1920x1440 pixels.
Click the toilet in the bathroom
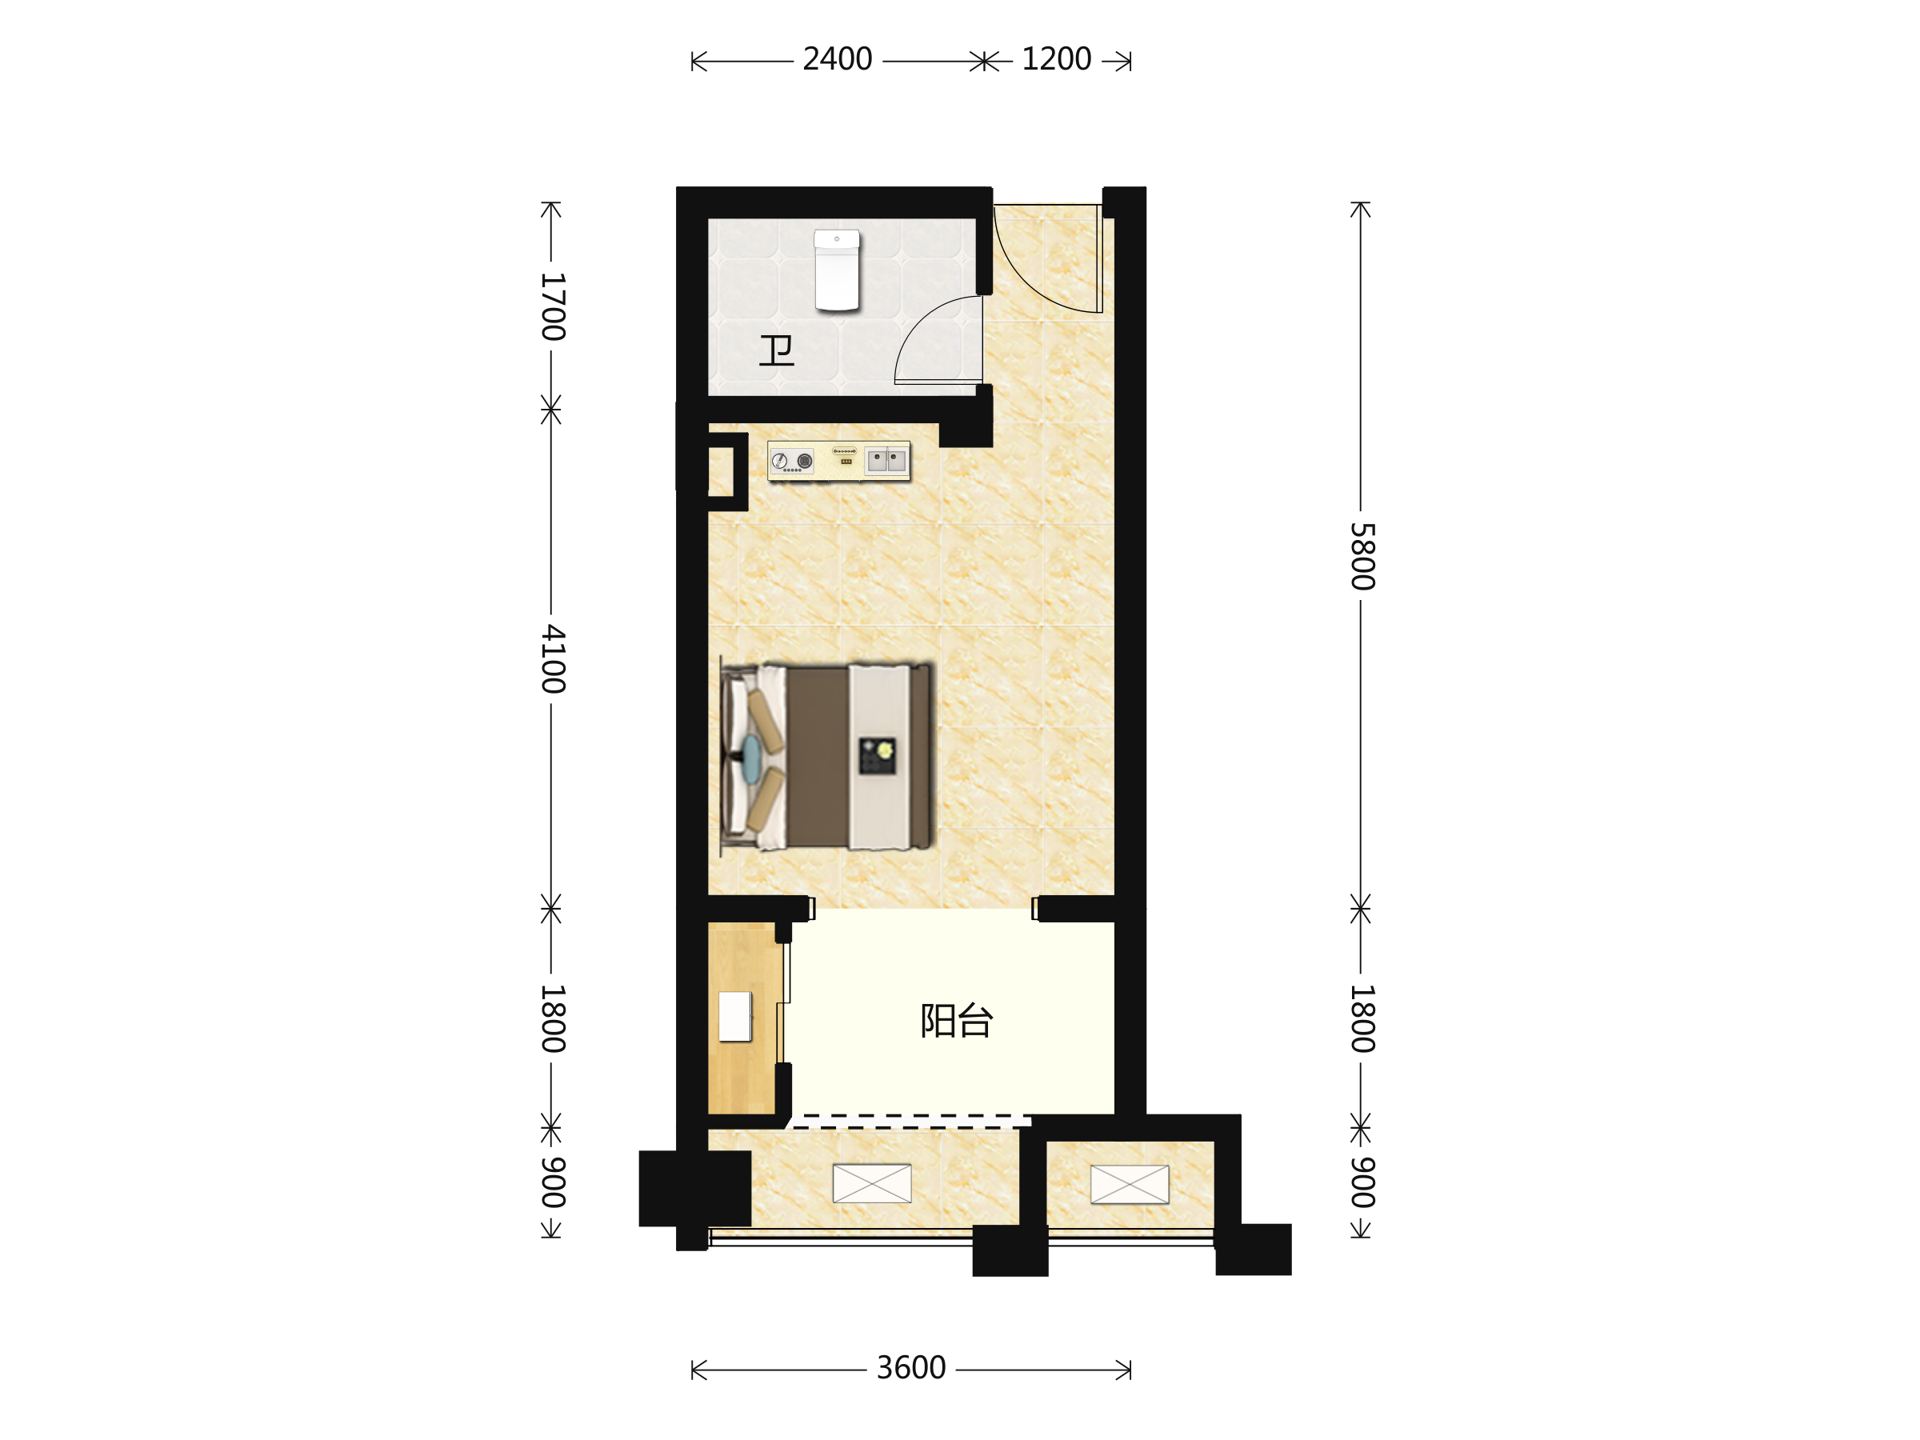(836, 270)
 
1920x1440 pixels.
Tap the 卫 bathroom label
(776, 350)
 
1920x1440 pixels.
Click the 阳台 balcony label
(956, 1021)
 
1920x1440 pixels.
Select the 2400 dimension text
(837, 59)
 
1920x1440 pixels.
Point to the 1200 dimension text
(1055, 59)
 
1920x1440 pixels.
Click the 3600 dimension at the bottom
(910, 1368)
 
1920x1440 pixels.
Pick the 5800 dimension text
(1362, 556)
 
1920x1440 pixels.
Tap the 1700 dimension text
(553, 306)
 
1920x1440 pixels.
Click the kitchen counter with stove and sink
(838, 460)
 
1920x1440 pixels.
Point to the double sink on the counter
(886, 460)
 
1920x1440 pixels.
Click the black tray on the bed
(877, 756)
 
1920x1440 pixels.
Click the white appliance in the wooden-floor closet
(735, 1017)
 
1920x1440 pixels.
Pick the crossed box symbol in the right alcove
(1130, 1185)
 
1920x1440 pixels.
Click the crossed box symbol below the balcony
(871, 1184)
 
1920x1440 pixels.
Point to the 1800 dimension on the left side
(553, 1019)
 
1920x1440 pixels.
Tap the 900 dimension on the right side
(1362, 1182)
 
